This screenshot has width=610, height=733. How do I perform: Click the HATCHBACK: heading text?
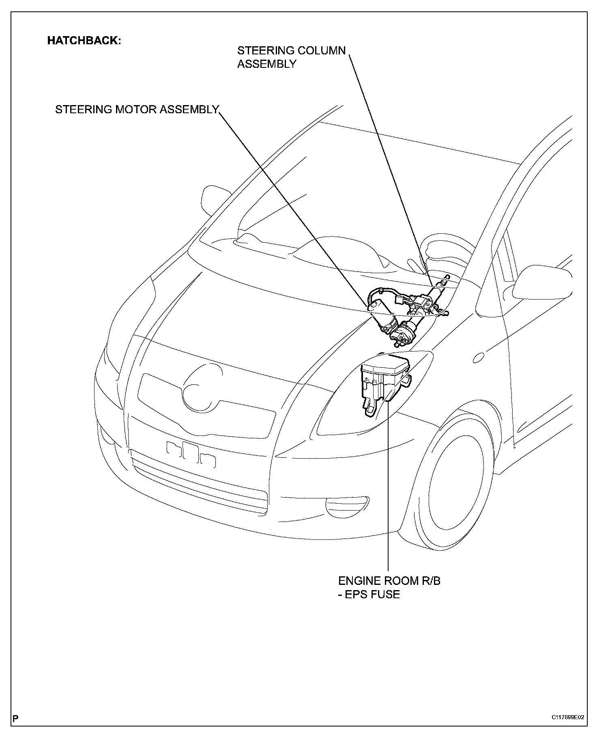[84, 41]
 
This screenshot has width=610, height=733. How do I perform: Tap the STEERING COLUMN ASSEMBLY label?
[291, 57]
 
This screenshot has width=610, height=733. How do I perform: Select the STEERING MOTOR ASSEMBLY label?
[137, 110]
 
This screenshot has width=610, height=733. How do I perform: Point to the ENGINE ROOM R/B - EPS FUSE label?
[389, 587]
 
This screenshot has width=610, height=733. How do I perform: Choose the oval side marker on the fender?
[479, 357]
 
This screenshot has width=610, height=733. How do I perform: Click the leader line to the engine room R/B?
[389, 487]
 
